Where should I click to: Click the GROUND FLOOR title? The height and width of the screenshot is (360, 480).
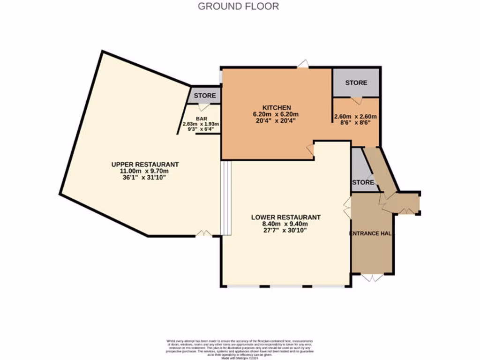click(x=238, y=6)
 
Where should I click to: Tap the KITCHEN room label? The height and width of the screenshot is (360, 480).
click(x=276, y=107)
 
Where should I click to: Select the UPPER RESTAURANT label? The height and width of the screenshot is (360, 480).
click(x=145, y=165)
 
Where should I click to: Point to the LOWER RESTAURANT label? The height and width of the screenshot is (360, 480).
click(x=285, y=217)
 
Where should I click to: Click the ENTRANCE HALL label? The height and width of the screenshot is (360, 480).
click(x=372, y=233)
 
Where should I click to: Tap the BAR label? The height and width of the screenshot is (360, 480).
click(x=202, y=119)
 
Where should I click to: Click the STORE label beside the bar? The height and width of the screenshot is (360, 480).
click(x=205, y=96)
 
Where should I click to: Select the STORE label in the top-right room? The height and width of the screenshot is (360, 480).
click(x=356, y=83)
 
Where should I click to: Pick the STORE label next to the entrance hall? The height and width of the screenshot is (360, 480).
click(x=363, y=182)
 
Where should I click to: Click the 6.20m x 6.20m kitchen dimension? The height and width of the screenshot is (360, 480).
click(x=276, y=115)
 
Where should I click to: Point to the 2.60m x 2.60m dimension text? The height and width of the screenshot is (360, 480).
click(x=355, y=117)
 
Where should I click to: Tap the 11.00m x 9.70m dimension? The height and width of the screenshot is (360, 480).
click(x=145, y=171)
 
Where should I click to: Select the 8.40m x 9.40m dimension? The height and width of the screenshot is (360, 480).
click(x=285, y=224)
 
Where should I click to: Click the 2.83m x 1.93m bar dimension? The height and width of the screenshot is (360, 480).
click(x=201, y=124)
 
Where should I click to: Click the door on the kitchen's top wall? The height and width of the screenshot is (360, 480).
click(x=303, y=64)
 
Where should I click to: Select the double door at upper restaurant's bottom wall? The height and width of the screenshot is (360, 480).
click(x=203, y=233)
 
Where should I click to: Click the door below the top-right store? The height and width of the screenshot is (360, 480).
click(x=356, y=100)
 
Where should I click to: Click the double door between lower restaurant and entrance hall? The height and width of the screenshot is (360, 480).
click(x=347, y=207)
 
